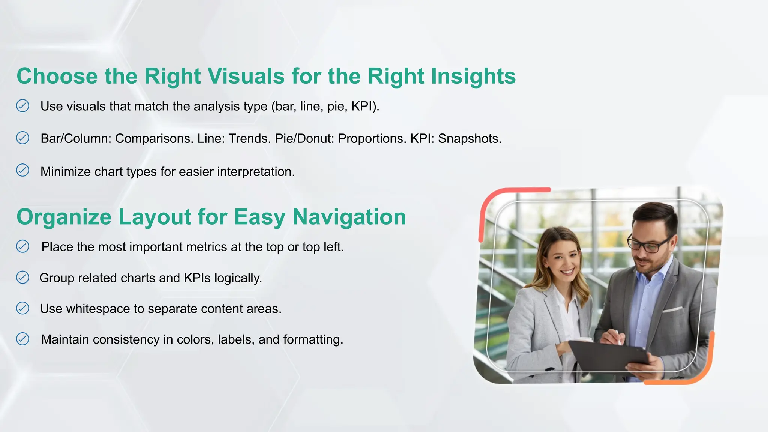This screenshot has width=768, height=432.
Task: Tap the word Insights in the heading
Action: (x=473, y=76)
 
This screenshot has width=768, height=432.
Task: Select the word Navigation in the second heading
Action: (x=349, y=217)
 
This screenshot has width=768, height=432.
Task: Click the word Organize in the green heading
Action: (x=64, y=217)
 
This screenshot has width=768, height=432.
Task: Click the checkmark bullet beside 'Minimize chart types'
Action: (x=22, y=170)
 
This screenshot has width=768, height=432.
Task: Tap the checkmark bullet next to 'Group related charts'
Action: (x=22, y=277)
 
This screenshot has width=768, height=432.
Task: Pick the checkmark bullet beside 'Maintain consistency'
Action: (x=22, y=339)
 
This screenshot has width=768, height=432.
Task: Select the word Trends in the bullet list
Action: (x=249, y=139)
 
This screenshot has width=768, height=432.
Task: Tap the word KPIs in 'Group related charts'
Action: (x=197, y=278)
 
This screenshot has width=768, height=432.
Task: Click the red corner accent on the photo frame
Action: (x=499, y=202)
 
